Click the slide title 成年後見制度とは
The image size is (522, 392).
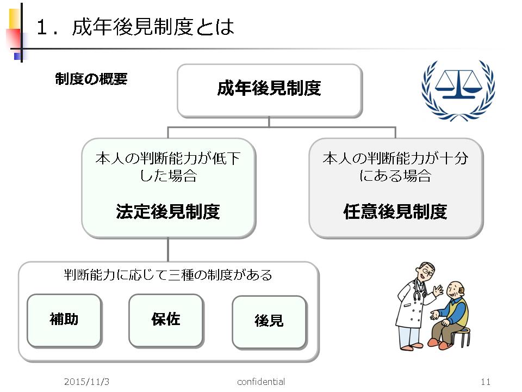click(x=153, y=27)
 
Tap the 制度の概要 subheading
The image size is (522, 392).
click(x=91, y=79)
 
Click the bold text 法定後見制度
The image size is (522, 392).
click(x=168, y=211)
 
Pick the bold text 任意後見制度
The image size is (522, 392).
click(x=395, y=211)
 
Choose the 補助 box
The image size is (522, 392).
click(x=64, y=321)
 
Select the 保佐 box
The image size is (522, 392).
click(x=166, y=321)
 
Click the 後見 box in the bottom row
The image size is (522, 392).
click(x=269, y=322)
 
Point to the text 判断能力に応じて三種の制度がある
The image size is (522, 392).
click(x=168, y=275)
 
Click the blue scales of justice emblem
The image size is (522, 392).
click(x=458, y=90)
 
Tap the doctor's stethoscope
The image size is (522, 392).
click(x=418, y=291)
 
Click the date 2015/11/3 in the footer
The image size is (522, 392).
click(x=86, y=382)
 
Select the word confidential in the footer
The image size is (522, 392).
click(x=261, y=382)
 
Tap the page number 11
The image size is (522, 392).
click(x=486, y=382)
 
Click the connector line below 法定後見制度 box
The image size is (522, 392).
click(x=168, y=250)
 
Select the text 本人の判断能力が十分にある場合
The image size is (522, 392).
click(x=395, y=167)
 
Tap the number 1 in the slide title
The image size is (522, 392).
click(x=42, y=27)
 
